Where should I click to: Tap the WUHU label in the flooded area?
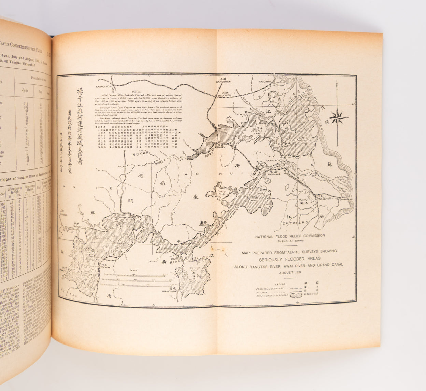tap(253, 201)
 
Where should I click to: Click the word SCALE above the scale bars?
tap(133, 270)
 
